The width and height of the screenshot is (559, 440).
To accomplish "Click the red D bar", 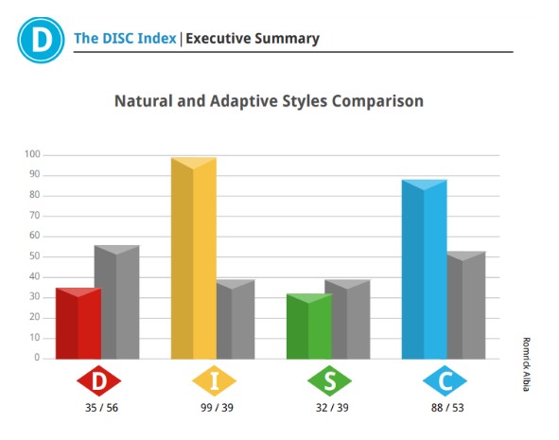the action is point(79,323).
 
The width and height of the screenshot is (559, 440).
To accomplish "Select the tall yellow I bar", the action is point(194,258).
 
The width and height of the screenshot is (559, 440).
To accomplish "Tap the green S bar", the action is point(309,326).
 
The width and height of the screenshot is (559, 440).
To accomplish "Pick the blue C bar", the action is point(425,270).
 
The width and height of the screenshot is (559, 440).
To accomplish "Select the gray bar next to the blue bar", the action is point(466,306).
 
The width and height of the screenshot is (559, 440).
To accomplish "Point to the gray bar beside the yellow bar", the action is point(236,320).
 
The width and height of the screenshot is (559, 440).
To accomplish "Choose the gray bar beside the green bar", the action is point(351,320).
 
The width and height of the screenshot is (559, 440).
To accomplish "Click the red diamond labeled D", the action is point(99,380).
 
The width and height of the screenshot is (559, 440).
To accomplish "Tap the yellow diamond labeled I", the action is point(215,380).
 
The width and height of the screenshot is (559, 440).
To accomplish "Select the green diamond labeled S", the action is point(330,380).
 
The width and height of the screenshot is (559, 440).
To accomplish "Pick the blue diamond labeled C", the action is point(445,380).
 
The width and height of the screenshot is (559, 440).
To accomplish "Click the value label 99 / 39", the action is point(217,408).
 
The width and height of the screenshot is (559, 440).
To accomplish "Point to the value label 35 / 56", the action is point(101,408).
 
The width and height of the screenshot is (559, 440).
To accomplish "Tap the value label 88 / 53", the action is point(447,408).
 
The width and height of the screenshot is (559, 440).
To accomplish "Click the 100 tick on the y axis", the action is point(32,154).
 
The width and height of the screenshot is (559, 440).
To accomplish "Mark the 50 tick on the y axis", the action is point(35,256).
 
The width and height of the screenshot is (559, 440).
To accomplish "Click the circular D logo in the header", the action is point(41,40).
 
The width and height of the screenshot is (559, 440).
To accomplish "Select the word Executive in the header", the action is point(218,38).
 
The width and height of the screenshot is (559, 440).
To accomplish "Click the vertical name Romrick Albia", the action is point(526,364).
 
